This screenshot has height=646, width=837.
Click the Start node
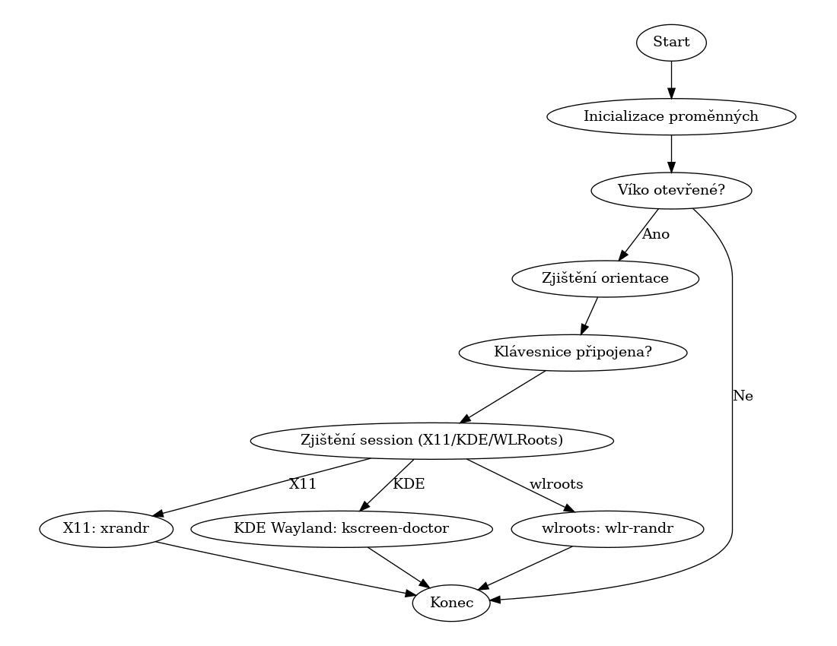[671, 43]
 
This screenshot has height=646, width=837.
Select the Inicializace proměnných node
[671, 116]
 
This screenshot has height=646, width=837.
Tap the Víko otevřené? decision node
[671, 191]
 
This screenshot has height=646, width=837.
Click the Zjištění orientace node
[605, 278]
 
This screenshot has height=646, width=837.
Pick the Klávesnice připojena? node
[573, 353]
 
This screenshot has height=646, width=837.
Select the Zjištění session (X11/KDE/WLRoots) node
[431, 440]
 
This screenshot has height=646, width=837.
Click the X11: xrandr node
[107, 528]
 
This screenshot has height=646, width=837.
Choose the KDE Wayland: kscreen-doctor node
[342, 528]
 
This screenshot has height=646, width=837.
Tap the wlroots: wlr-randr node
[607, 528]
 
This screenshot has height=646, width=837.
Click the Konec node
[451, 603]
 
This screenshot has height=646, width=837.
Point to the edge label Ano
[656, 234]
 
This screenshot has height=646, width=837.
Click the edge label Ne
[743, 396]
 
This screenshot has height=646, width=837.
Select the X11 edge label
[302, 483]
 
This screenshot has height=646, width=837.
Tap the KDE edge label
[409, 483]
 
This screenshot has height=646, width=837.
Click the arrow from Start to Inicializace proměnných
[671, 79]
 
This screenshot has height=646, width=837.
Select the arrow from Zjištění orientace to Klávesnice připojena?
[590, 315]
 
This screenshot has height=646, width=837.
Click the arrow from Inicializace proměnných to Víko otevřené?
[671, 154]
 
